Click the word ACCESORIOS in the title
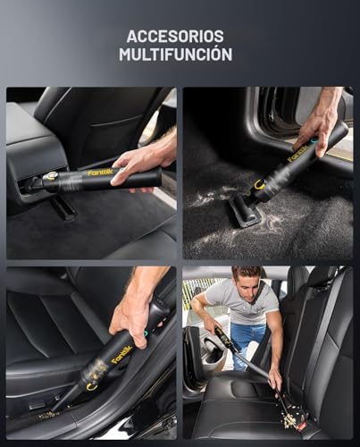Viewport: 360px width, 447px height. pyautogui.click(x=175, y=37)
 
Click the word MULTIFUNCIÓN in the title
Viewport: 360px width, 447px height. pyautogui.click(x=175, y=55)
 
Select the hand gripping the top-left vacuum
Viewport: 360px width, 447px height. pyautogui.click(x=143, y=161)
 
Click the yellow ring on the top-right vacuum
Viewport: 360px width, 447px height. pyautogui.click(x=261, y=184)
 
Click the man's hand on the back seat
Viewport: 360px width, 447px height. pyautogui.click(x=274, y=379)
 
